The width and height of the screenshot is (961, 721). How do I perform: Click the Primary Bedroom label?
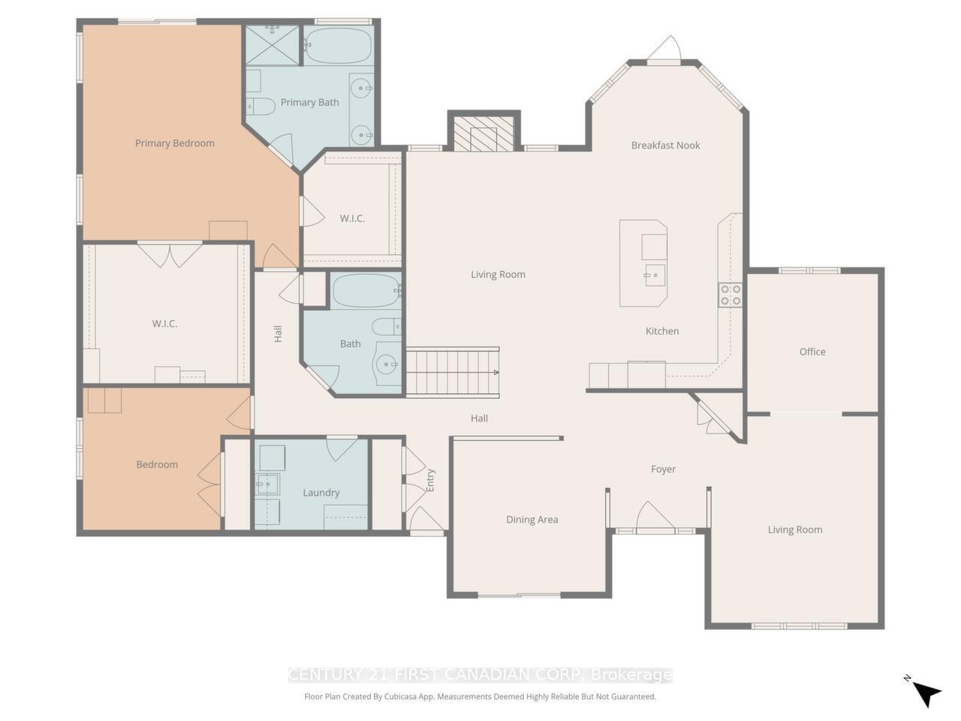coord(174,143)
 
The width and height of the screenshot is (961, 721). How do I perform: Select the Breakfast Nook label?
coord(665,146)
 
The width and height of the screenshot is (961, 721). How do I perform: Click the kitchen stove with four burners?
coord(730,294)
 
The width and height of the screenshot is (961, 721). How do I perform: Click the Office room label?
coord(812,351)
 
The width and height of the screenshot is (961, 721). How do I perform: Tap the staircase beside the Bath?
coord(452,372)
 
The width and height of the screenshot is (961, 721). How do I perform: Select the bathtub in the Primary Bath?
coord(338,45)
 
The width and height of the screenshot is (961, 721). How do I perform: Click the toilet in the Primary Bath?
coord(261,105)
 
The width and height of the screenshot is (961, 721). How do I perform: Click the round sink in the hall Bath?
coord(387,366)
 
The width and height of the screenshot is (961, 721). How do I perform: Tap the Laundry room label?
coord(321,493)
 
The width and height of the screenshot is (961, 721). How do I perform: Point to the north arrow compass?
coord(926,692)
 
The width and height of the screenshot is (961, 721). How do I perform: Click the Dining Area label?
coord(532,520)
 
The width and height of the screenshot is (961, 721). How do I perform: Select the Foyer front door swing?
coord(655,517)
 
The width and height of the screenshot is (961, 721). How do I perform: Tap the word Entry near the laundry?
coord(430,481)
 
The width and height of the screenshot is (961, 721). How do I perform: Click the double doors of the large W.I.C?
coord(170,254)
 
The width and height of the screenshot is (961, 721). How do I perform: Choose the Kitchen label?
coord(661,331)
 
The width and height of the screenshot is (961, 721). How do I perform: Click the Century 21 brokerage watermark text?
coord(480,674)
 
